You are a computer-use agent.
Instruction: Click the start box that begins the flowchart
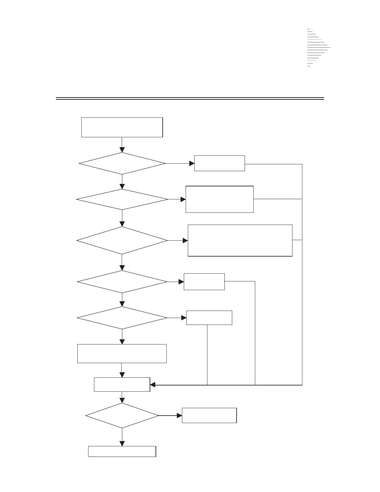(x=122, y=127)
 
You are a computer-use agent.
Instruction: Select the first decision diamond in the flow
(x=122, y=163)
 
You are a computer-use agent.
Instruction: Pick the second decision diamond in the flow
(x=122, y=199)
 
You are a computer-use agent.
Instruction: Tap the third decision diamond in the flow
(x=122, y=240)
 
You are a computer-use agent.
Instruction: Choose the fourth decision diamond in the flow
(x=122, y=282)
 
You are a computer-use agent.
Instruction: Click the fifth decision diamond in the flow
(x=122, y=318)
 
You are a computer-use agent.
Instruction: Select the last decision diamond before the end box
(x=122, y=416)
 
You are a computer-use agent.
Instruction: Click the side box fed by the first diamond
(x=219, y=163)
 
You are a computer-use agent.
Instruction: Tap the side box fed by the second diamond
(x=219, y=199)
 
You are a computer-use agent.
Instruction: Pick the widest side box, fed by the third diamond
(x=240, y=240)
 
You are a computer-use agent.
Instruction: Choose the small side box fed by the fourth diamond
(x=204, y=282)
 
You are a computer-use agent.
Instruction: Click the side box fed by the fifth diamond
(x=209, y=318)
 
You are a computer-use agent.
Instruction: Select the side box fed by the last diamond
(x=209, y=416)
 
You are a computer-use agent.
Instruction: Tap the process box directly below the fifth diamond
(x=122, y=353)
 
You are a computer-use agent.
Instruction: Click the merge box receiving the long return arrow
(x=122, y=385)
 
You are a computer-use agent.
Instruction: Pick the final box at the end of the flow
(x=122, y=452)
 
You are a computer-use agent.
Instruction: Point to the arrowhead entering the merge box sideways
(x=153, y=385)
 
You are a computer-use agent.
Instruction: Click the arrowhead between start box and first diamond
(x=122, y=150)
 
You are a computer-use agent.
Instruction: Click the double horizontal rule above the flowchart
(x=190, y=98)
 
